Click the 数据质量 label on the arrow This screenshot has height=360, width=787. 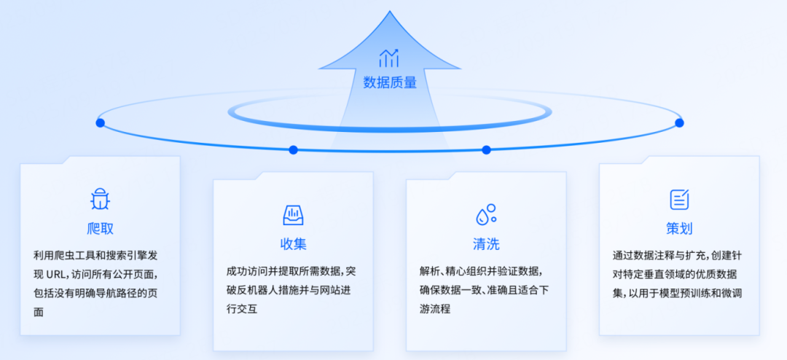pos(390,82)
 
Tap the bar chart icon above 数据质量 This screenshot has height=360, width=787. pos(389,58)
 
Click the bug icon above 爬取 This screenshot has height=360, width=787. pos(100,199)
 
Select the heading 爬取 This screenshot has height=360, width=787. pos(100,228)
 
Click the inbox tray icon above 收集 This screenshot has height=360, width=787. pos(293,215)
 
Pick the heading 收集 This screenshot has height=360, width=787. pos(293,243)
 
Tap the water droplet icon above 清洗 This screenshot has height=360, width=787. pos(485,214)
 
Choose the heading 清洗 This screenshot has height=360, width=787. pos(486,243)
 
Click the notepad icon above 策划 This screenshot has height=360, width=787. pos(679,199)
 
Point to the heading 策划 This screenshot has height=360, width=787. pos(679,228)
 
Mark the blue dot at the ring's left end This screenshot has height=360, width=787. pos(100,122)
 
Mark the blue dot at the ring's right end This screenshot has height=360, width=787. pos(679,122)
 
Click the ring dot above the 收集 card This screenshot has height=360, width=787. pos(293,150)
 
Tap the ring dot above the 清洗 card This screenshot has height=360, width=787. pos(486,150)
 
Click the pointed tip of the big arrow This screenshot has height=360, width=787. pos(390,12)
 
